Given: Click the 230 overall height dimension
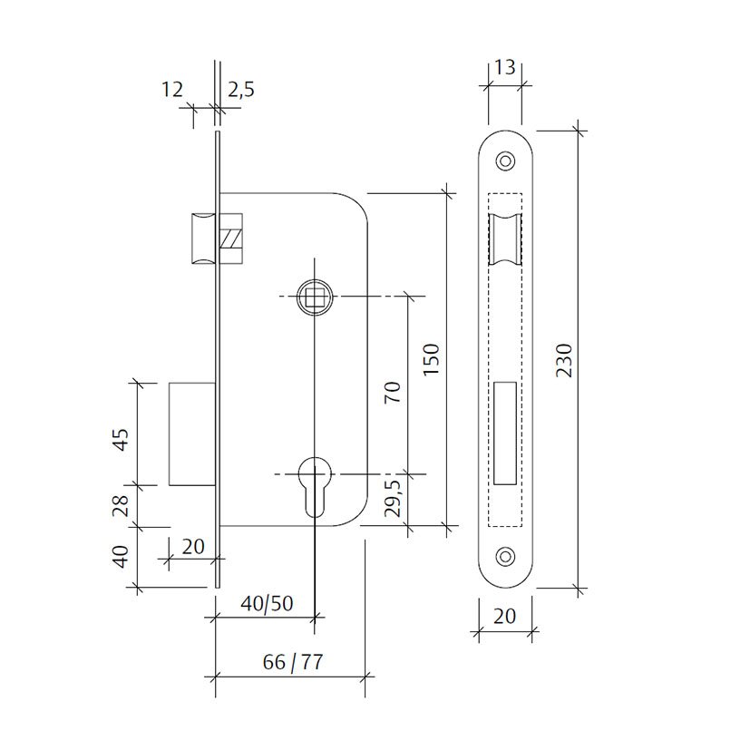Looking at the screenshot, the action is tap(564, 360).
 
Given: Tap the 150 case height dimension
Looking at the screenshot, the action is tap(431, 359).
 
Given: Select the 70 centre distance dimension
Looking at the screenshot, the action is tap(392, 392).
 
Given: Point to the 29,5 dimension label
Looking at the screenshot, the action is tap(393, 498).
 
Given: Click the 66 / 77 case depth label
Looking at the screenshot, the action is tap(293, 662).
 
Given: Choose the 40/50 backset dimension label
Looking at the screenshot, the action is tap(267, 604).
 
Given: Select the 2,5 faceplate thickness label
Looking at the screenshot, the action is tap(240, 90).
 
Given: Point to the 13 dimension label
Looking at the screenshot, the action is tap(504, 67).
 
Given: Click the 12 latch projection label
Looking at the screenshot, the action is tap(171, 90).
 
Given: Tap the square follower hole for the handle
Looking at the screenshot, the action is tap(314, 297).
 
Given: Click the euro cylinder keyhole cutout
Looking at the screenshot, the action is tap(315, 486).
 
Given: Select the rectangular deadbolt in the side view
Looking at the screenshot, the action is tap(191, 434).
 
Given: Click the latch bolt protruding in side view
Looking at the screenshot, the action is tap(203, 238).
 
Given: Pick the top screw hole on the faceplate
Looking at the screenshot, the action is tap(505, 161).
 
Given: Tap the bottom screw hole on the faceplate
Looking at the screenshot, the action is tap(505, 556).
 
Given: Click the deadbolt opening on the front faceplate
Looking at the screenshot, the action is tap(504, 433).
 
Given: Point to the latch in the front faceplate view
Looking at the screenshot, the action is tap(504, 239).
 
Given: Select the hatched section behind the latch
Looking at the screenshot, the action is tap(231, 239).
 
